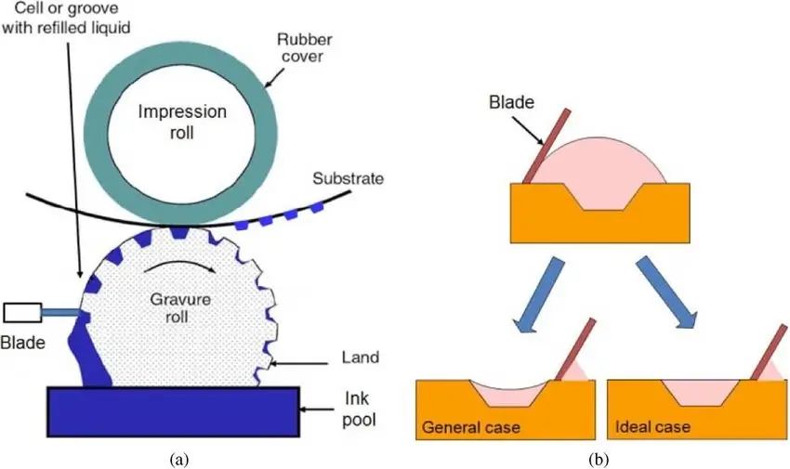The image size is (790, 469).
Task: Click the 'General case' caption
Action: tap(469, 429)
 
